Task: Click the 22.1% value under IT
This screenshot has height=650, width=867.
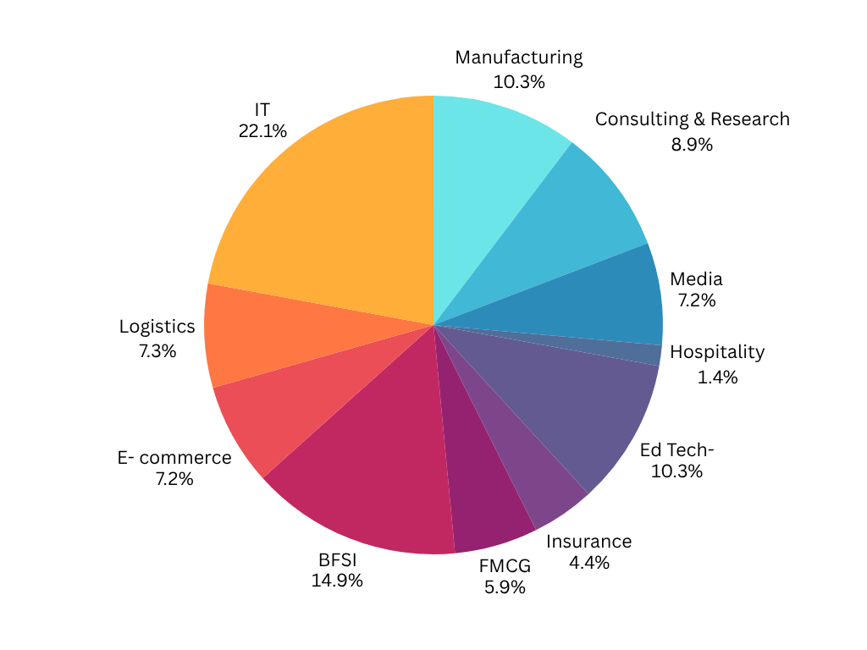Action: click(262, 131)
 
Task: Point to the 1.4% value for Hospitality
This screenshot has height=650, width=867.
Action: click(717, 377)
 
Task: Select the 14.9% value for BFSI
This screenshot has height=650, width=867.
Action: click(337, 581)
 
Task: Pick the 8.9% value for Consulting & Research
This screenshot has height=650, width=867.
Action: click(692, 144)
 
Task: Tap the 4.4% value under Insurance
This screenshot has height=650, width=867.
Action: click(588, 563)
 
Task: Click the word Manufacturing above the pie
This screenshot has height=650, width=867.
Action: click(518, 58)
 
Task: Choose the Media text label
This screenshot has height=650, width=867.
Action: click(696, 278)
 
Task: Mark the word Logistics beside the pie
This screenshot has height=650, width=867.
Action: click(157, 327)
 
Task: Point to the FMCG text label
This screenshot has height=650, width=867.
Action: click(505, 565)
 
